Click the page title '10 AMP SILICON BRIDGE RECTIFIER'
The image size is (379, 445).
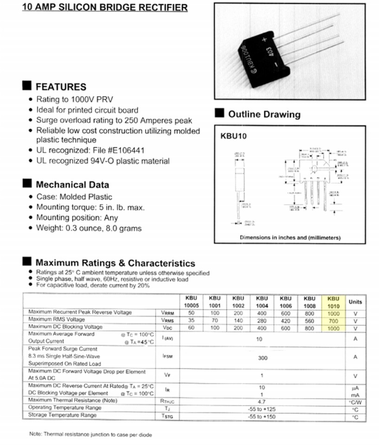tap(105, 7)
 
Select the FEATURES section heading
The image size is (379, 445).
tap(61, 87)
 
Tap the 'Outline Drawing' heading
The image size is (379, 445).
tap(264, 114)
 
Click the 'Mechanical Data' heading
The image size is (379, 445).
tap(72, 184)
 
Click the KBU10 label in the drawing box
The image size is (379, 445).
tap(233, 137)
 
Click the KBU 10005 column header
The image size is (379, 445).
tap(191, 302)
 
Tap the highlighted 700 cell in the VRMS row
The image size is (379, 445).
tap(333, 320)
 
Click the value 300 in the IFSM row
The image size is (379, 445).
tap(263, 358)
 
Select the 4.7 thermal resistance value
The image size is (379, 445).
tap(262, 401)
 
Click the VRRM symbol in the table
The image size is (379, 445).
tap(167, 313)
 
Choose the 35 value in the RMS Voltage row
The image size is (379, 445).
tap(191, 320)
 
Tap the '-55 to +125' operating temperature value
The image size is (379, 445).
tap(262, 408)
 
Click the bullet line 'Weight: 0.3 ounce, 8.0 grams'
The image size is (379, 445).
tap(89, 228)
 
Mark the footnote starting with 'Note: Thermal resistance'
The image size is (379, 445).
tap(90, 435)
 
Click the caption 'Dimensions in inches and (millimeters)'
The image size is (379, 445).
tap(290, 237)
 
